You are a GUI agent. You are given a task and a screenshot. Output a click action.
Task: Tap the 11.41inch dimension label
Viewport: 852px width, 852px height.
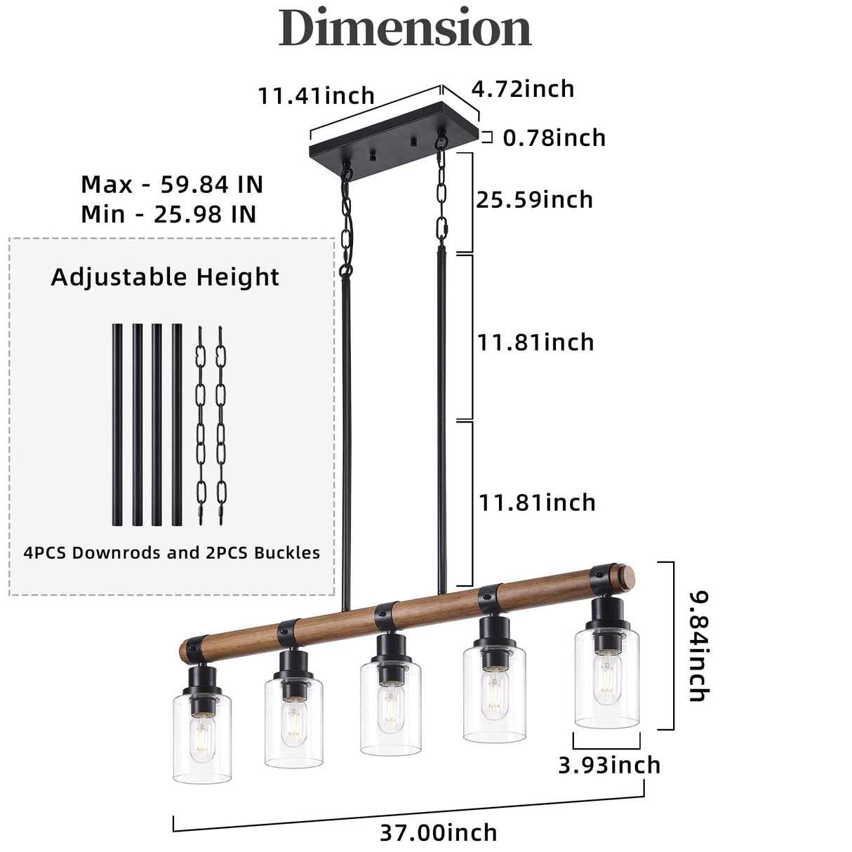point(316,95)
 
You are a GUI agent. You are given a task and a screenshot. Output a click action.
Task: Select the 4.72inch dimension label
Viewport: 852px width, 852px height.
point(522,89)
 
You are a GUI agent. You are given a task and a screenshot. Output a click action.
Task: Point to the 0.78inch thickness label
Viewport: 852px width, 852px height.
point(554,138)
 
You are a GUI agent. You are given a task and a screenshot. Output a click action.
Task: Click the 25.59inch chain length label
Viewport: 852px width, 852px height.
point(534,200)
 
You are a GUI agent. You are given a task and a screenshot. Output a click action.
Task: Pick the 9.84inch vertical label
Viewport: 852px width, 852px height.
point(698,646)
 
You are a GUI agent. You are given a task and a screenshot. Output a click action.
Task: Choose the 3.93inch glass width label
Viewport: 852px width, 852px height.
point(609,765)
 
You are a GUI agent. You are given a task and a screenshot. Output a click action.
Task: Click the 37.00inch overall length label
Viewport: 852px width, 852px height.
point(439,832)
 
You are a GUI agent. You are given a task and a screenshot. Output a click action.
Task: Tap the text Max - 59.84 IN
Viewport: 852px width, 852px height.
point(172,185)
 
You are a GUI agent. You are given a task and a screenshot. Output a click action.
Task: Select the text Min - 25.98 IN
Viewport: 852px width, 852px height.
point(168,214)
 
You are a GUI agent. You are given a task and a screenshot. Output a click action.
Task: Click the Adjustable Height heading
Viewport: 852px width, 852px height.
point(165,277)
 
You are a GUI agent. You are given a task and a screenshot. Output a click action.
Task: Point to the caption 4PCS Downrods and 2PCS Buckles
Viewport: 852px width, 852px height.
point(171,553)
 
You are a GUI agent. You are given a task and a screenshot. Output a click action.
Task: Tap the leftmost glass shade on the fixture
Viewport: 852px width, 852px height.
point(202,737)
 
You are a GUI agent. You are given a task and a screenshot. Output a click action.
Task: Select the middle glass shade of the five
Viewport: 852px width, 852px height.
point(390,709)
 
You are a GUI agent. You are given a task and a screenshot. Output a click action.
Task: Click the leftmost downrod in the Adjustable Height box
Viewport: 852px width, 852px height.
point(117,425)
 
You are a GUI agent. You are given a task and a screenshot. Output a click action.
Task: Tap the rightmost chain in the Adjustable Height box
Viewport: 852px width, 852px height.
point(221,425)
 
